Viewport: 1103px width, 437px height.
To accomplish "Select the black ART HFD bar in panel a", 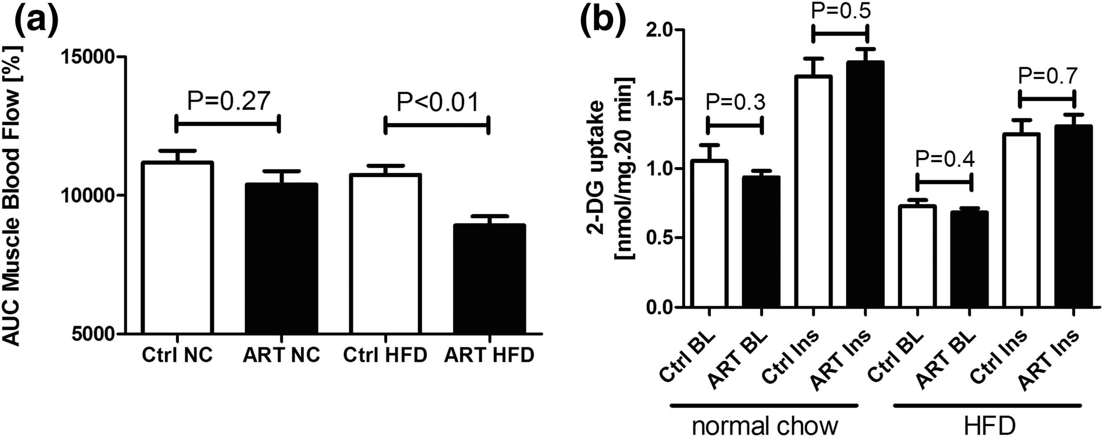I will tap(489, 278).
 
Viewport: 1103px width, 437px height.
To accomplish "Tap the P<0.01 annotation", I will tap(437, 102).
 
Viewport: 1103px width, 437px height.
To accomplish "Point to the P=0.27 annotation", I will tap(228, 101).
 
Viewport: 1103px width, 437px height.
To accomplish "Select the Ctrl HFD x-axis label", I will tap(385, 355).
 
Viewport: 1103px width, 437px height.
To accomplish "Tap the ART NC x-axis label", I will tap(281, 355).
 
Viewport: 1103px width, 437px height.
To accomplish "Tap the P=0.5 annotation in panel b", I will tap(839, 12).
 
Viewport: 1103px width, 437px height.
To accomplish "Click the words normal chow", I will tap(765, 426).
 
